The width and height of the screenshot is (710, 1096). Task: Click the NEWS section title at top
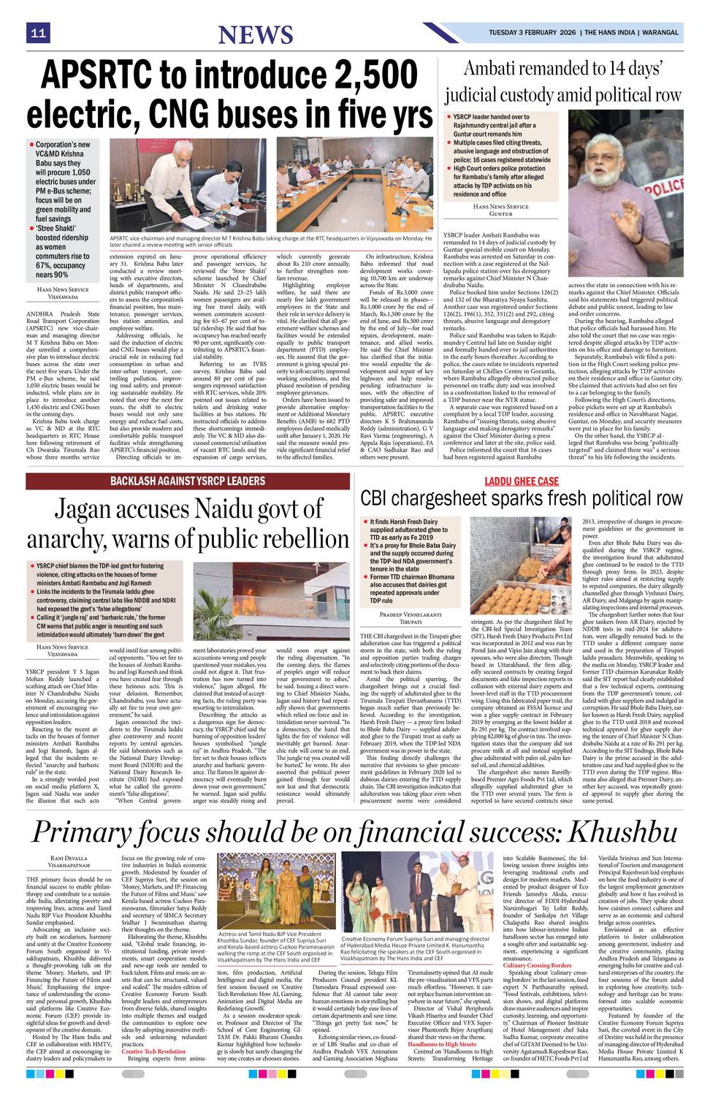pos(255,34)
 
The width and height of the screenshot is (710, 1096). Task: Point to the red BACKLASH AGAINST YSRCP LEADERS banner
pos(188,480)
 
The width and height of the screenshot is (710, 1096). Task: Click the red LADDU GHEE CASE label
pos(522,481)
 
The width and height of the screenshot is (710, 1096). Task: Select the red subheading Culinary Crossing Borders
pos(537,965)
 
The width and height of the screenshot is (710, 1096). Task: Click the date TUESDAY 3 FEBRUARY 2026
pos(532,33)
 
